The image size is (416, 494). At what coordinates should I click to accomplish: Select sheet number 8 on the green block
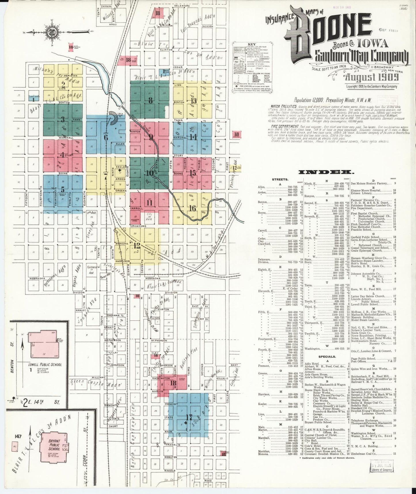point(150,101)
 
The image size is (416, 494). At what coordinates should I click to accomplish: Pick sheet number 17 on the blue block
point(189,417)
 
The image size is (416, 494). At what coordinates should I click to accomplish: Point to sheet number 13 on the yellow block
point(193,101)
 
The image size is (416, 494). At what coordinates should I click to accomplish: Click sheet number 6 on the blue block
point(106,138)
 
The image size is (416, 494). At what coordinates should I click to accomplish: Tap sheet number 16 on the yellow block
point(192,208)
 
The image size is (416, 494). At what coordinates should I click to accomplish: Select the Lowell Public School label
point(45,365)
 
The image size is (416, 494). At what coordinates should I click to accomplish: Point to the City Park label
point(149,216)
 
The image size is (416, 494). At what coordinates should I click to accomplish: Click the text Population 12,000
point(308,100)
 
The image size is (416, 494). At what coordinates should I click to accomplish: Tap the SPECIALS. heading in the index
point(327,357)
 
